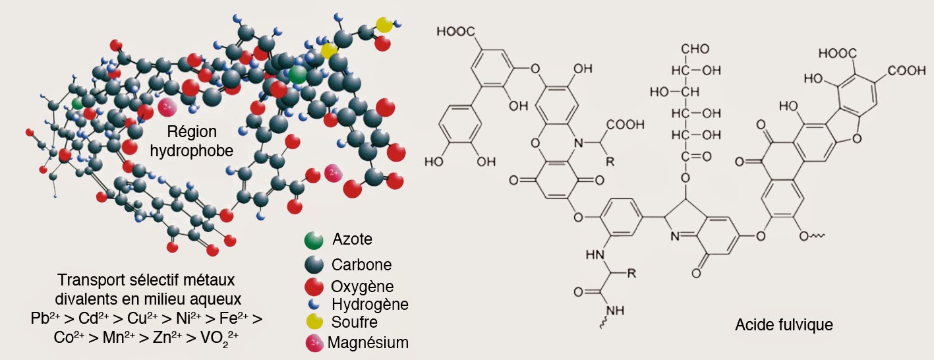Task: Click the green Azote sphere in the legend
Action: [314, 241]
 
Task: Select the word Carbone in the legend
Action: [361, 265]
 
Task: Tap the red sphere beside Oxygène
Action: [314, 287]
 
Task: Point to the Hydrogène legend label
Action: [370, 305]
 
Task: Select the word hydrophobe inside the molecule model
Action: [192, 151]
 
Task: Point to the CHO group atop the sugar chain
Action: [694, 49]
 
